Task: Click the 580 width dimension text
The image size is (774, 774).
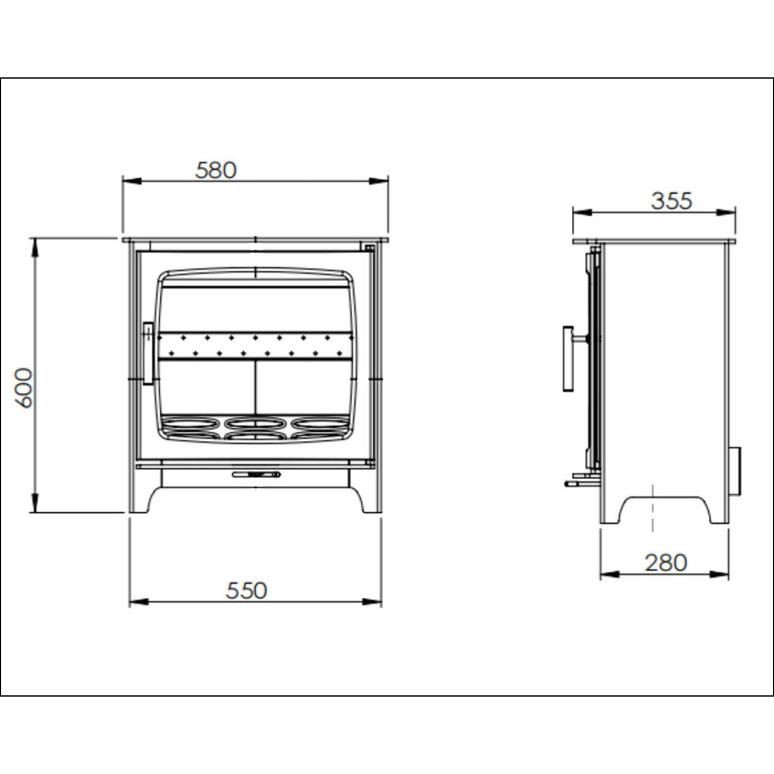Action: click(x=216, y=170)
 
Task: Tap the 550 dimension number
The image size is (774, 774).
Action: click(x=246, y=590)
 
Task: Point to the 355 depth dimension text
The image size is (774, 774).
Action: click(x=671, y=201)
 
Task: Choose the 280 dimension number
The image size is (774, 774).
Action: click(x=666, y=562)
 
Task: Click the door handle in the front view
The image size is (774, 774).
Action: click(x=147, y=353)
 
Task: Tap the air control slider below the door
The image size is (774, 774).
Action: click(x=256, y=474)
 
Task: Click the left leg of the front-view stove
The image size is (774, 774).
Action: click(x=143, y=501)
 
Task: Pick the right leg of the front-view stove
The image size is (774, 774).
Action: click(x=369, y=501)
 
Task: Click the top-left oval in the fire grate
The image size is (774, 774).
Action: click(x=189, y=423)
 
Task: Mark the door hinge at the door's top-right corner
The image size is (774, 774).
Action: click(x=369, y=248)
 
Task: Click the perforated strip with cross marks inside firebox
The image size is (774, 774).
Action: click(x=255, y=345)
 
